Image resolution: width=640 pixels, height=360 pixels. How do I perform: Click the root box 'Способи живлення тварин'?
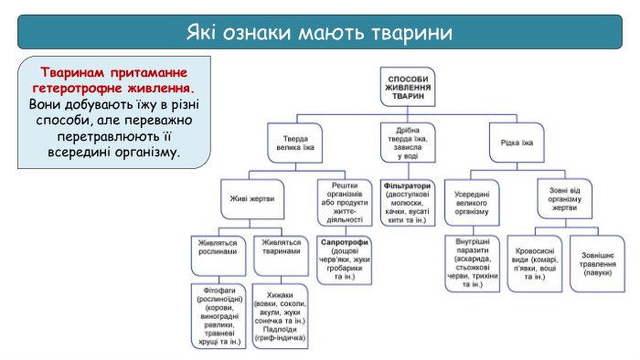[408, 85]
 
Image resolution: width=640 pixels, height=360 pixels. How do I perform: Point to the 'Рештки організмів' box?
[343, 202]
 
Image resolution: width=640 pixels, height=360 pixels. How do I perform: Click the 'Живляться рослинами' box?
[218, 248]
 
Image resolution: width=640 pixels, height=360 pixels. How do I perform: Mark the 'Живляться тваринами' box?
[281, 248]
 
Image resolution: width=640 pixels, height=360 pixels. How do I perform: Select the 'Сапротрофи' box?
[344, 259]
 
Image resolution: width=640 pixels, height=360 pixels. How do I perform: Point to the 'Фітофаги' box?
[218, 316]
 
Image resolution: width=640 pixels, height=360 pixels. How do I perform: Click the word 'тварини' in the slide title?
[416, 34]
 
